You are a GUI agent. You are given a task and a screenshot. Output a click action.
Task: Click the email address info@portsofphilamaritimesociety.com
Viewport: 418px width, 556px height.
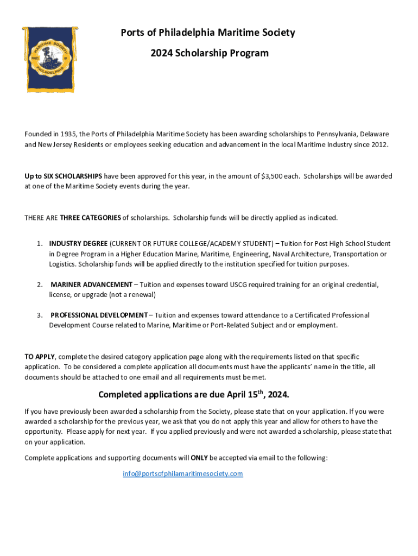pos(182,473)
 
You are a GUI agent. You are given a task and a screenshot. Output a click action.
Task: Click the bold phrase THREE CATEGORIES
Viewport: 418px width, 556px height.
pos(91,218)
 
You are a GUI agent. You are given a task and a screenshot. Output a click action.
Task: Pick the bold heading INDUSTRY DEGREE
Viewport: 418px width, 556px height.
pos(78,244)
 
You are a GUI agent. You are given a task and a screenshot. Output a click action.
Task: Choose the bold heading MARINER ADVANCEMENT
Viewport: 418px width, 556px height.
pos(91,285)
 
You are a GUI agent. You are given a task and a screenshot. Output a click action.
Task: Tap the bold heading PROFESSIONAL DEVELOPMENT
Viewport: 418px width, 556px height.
pos(99,315)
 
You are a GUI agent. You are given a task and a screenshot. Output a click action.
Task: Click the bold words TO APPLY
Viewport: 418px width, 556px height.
pos(39,357)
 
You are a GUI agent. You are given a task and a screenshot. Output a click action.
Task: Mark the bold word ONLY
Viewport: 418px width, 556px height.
pos(199,458)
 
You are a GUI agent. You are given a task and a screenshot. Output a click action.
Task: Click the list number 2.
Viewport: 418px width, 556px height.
pos(40,285)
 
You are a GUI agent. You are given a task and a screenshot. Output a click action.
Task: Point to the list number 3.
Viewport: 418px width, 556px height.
pos(40,315)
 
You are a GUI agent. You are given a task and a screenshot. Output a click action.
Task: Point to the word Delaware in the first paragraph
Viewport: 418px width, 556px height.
pos(375,134)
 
